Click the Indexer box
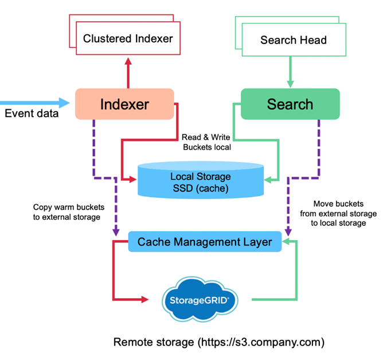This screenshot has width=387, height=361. (x=124, y=104)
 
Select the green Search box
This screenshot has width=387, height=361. (x=290, y=104)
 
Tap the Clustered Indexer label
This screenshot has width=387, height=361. (x=128, y=39)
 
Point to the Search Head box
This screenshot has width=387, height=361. (x=293, y=40)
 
